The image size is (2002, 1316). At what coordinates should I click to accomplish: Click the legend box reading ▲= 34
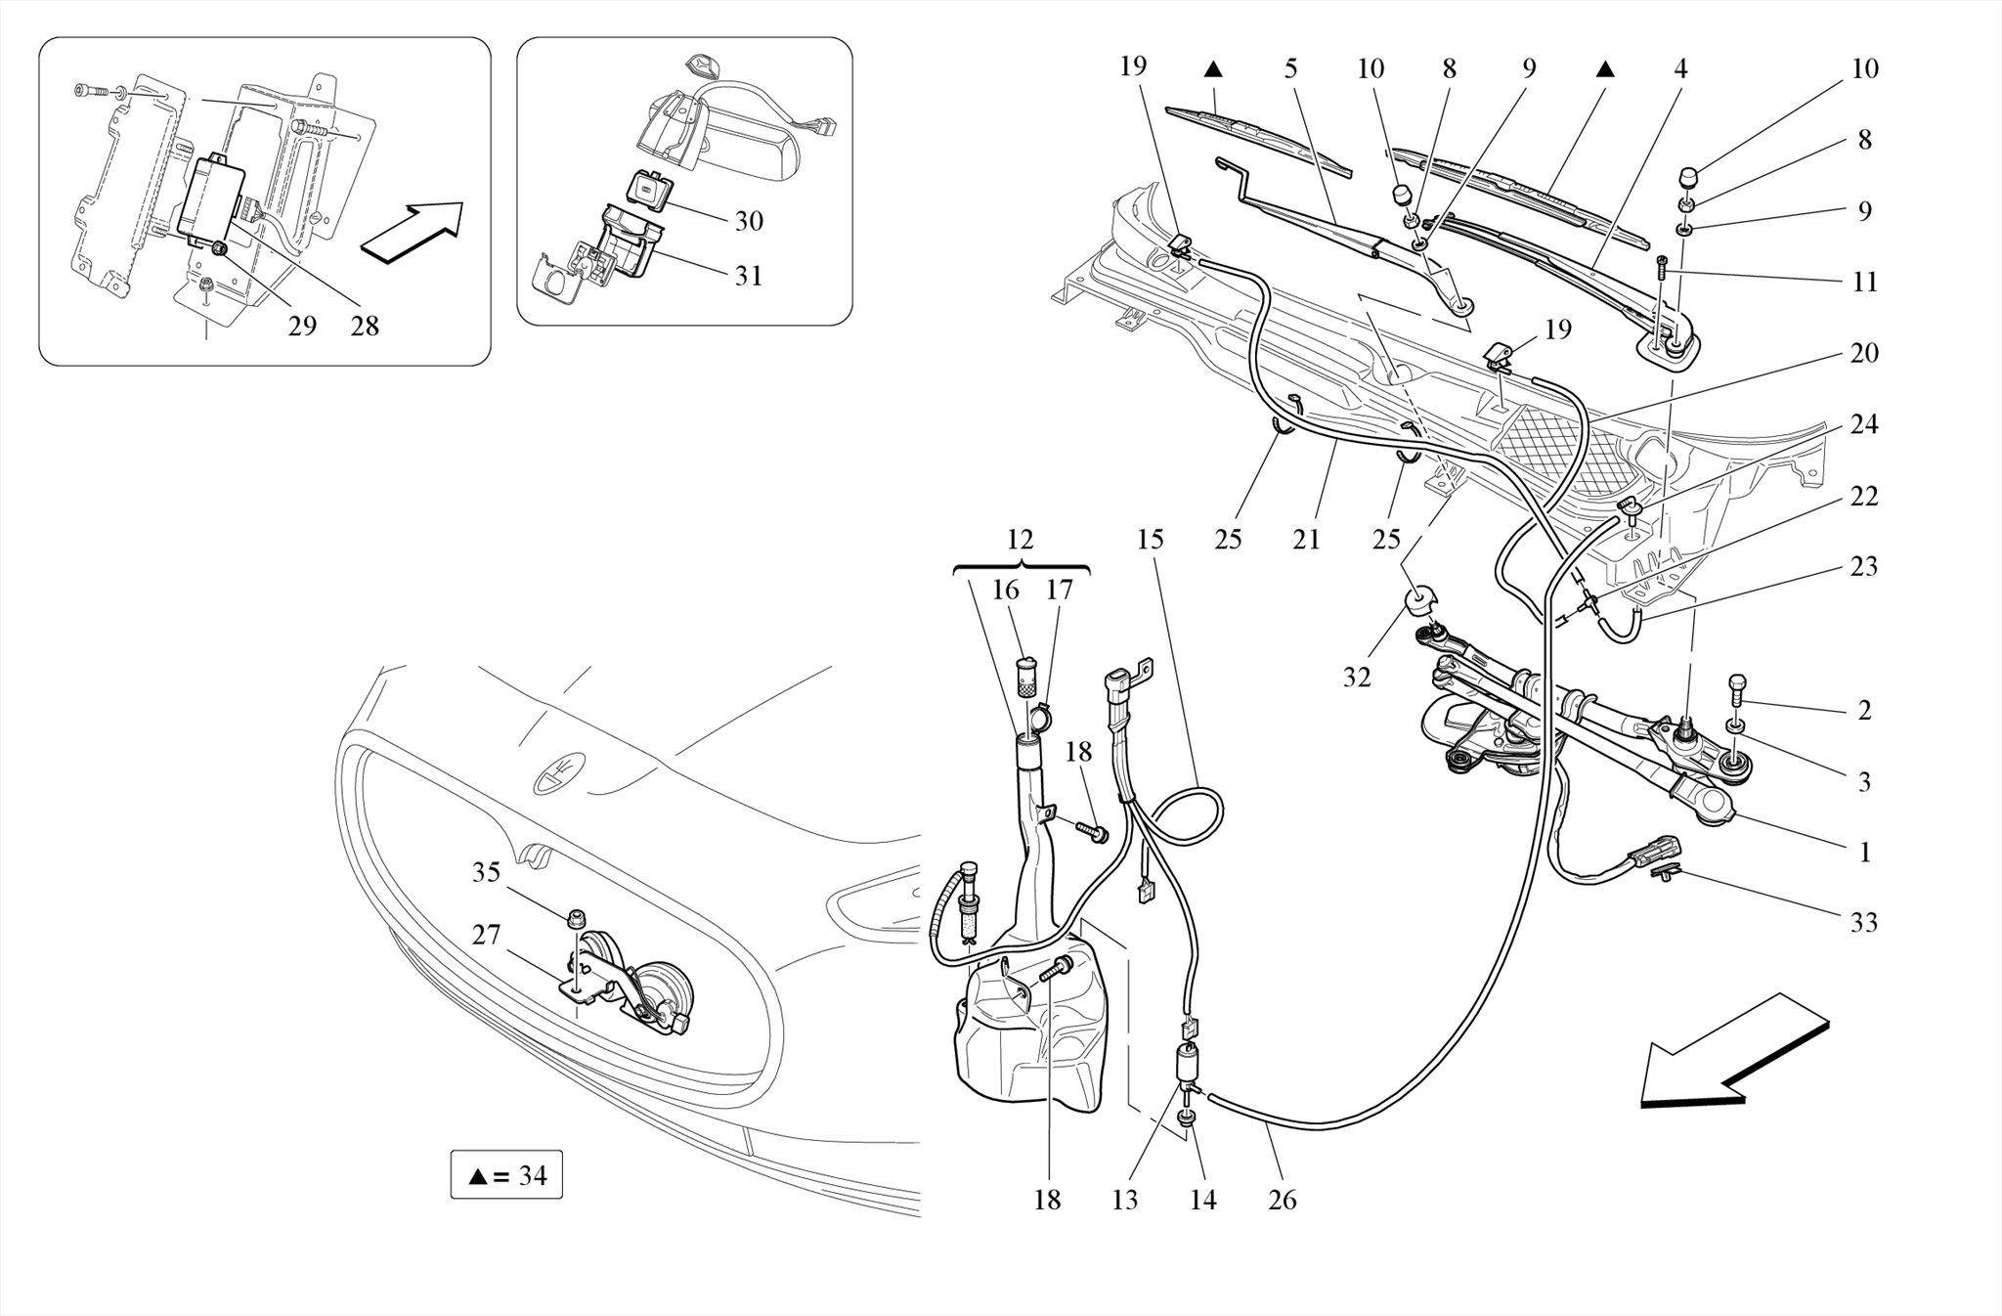[506, 1174]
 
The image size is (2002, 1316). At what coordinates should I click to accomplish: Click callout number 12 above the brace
[1020, 539]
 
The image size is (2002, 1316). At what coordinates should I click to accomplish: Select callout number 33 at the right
[1863, 922]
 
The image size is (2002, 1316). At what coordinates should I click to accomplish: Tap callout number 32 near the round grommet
[1356, 677]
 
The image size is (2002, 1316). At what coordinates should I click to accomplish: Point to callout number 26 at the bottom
[1282, 1200]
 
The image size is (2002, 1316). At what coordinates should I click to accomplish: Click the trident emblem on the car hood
[556, 771]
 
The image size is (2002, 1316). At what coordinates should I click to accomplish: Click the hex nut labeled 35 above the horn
[577, 918]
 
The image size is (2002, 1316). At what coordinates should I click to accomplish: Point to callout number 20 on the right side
[1863, 353]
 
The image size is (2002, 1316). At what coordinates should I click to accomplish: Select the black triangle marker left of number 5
[1212, 69]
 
